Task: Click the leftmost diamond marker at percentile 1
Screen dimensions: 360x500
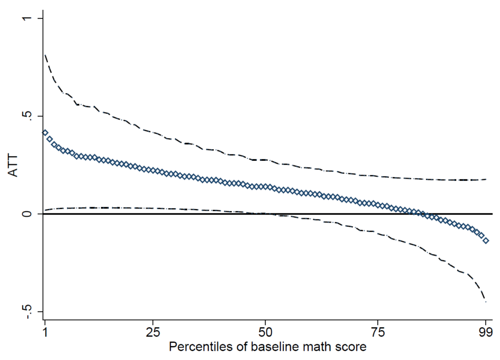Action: [45, 133]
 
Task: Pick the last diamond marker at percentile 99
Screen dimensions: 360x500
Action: [486, 241]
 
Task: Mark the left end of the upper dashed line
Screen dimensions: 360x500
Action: [45, 55]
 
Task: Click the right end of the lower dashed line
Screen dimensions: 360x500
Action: [486, 302]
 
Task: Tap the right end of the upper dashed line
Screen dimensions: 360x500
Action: [486, 179]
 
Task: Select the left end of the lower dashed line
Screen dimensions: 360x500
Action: [45, 210]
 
